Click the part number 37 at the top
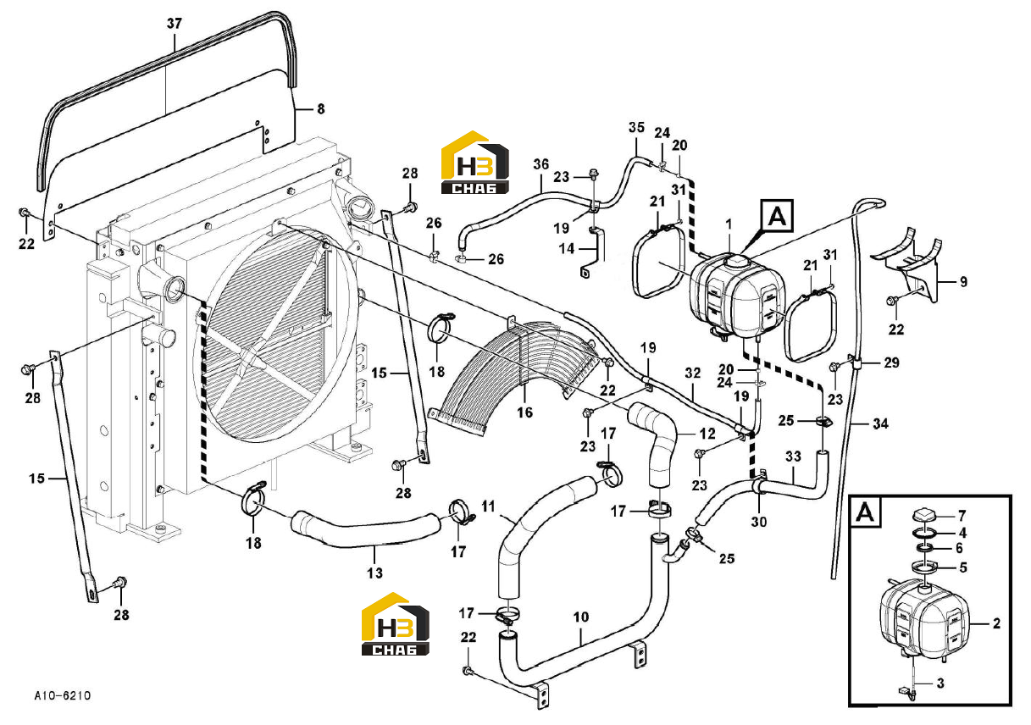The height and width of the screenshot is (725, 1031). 174,24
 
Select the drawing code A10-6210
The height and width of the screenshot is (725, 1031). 63,695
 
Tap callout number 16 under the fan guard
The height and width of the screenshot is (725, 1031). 524,412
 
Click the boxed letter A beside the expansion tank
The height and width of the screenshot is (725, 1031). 778,216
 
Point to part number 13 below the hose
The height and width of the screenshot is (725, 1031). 374,573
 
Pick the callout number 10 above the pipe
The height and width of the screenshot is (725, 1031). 581,617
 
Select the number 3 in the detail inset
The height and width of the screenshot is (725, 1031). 940,683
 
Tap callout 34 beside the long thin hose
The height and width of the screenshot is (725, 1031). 880,423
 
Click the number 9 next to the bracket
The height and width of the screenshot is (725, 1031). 963,281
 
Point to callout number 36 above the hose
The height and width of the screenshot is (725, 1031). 541,164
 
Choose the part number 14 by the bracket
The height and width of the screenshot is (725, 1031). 567,249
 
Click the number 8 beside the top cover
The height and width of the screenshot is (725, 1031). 321,109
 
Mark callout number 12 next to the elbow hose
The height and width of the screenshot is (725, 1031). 707,434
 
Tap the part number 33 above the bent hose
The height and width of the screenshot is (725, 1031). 793,457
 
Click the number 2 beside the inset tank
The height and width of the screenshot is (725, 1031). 996,623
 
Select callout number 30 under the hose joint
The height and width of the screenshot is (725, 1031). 759,522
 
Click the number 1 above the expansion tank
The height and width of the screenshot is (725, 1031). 729,225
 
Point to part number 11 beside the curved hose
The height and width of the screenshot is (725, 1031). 488,506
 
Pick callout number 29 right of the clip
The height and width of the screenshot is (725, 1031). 891,362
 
